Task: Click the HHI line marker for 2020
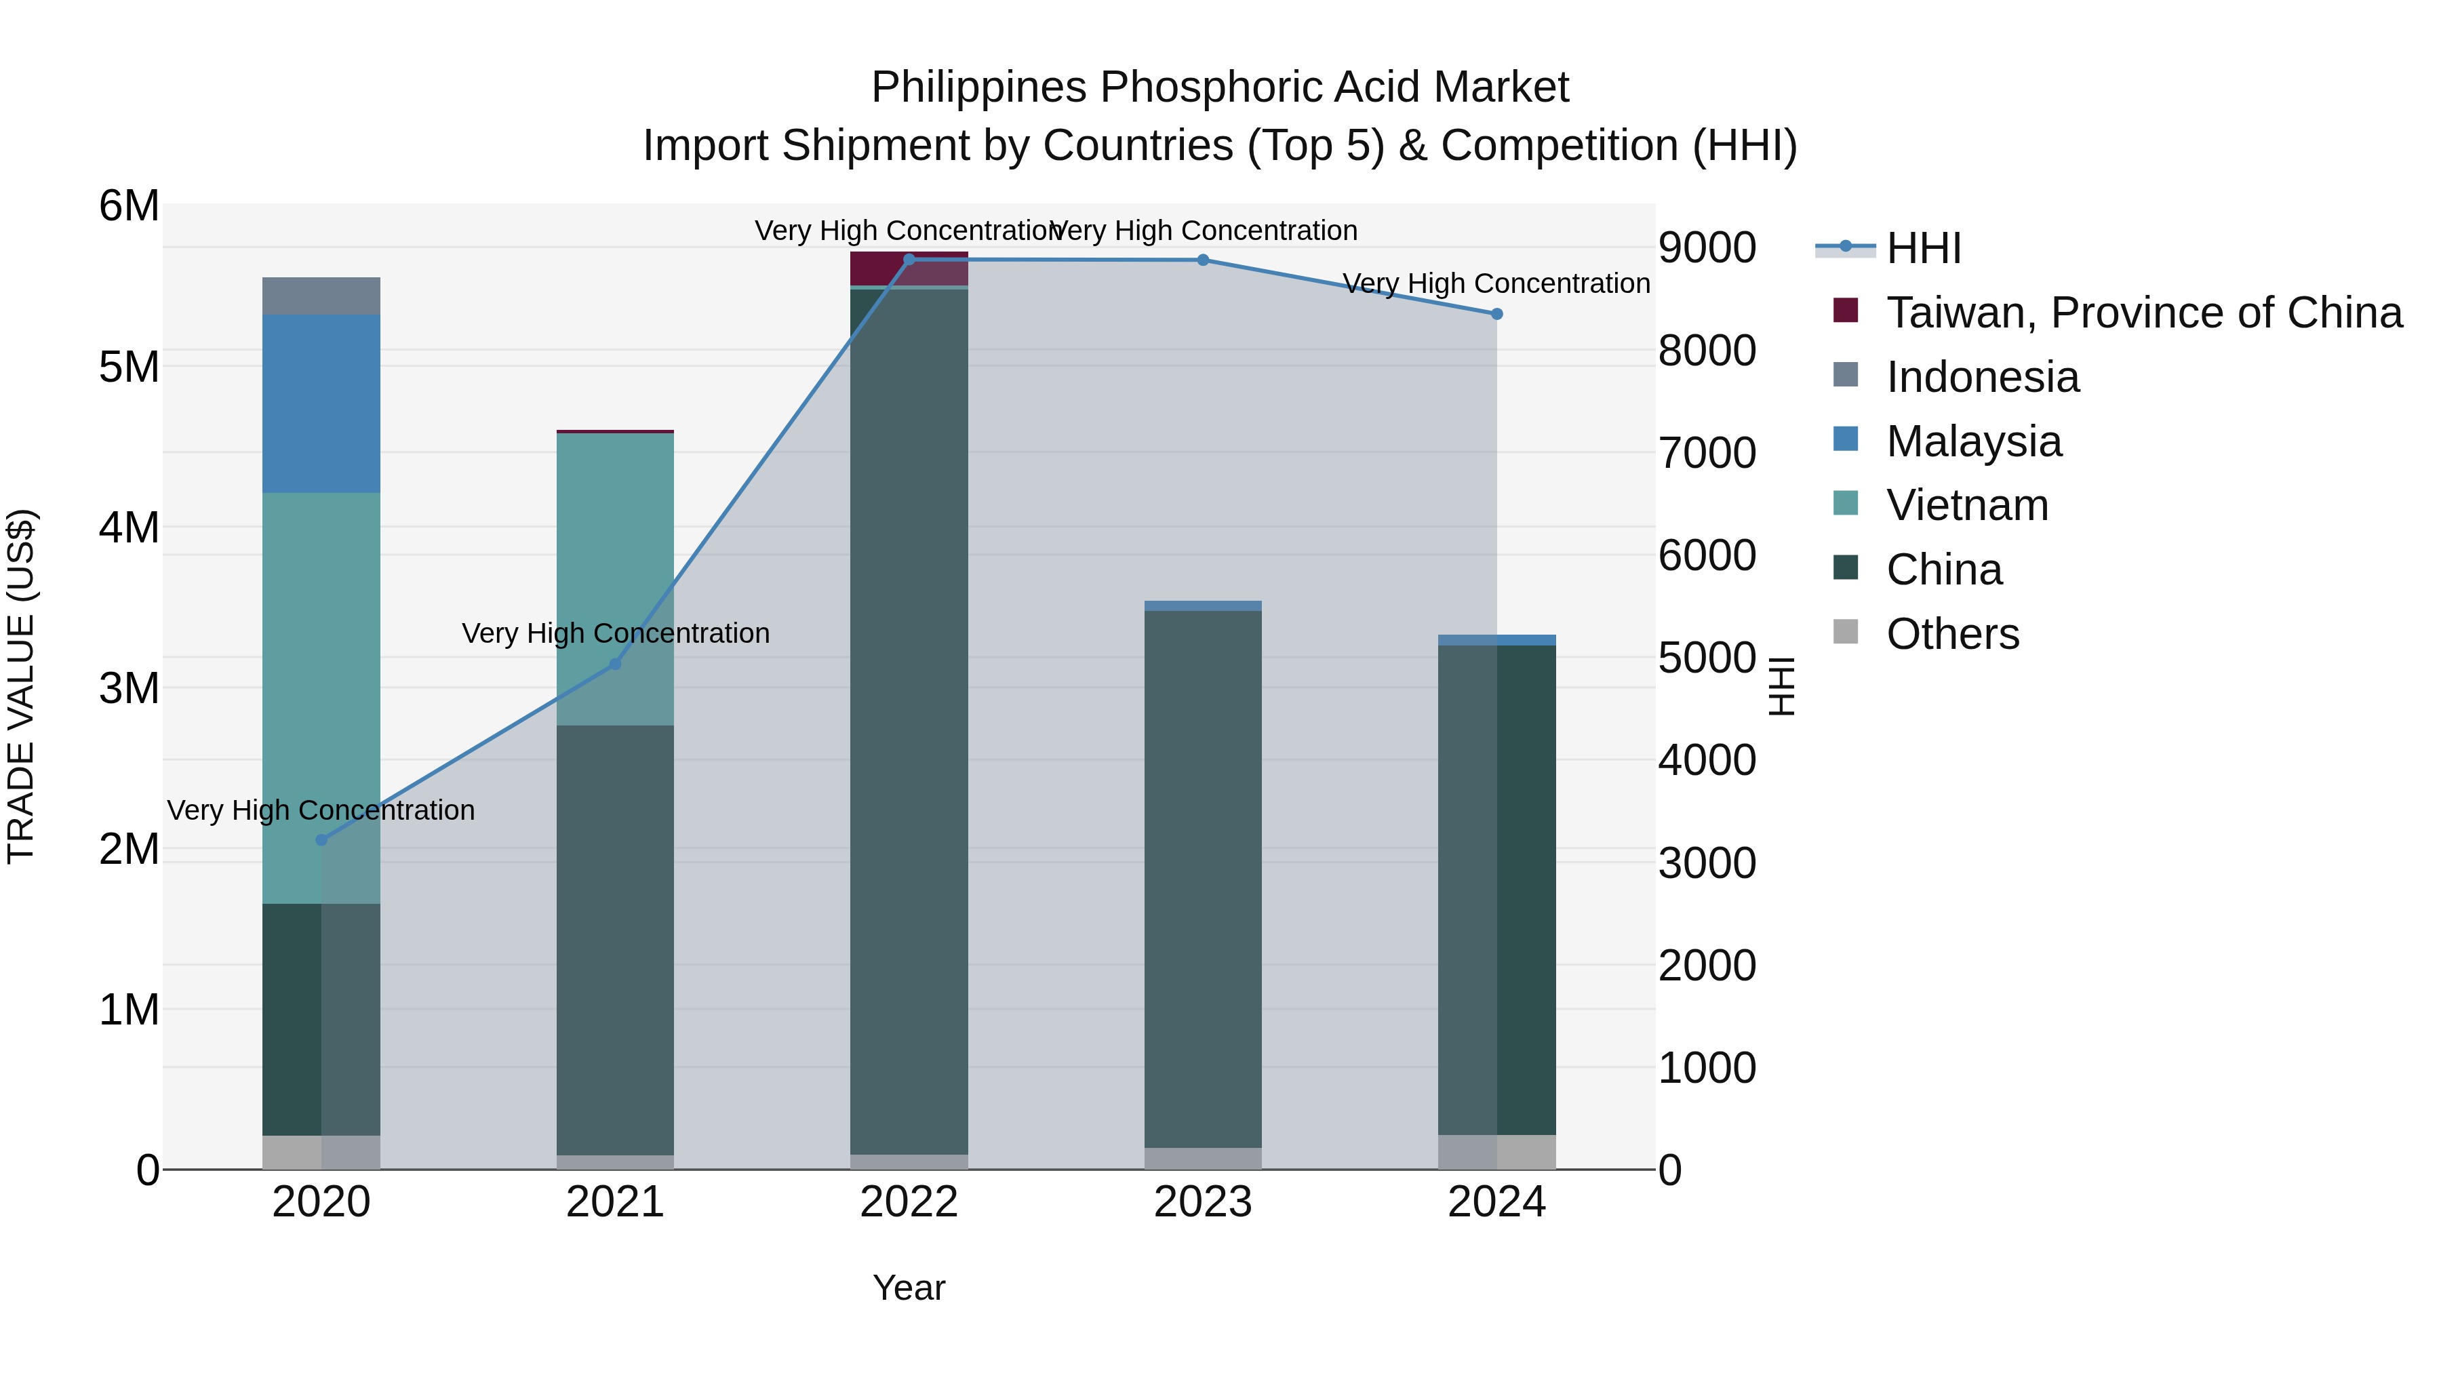click(x=321, y=839)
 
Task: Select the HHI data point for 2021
click(x=615, y=664)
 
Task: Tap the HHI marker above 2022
click(x=909, y=260)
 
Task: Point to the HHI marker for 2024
click(x=1496, y=314)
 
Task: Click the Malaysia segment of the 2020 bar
click(x=321, y=403)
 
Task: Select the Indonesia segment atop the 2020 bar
click(x=321, y=296)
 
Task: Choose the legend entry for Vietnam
click(x=1966, y=505)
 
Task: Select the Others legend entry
click(x=1952, y=634)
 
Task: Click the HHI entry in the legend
click(x=1923, y=248)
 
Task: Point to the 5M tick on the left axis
click(x=129, y=367)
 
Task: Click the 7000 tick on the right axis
click(x=1707, y=453)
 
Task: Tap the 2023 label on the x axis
click(x=1202, y=1202)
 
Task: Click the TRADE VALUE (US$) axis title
click(x=21, y=686)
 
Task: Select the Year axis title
click(x=909, y=1288)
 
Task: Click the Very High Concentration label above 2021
click(x=615, y=633)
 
